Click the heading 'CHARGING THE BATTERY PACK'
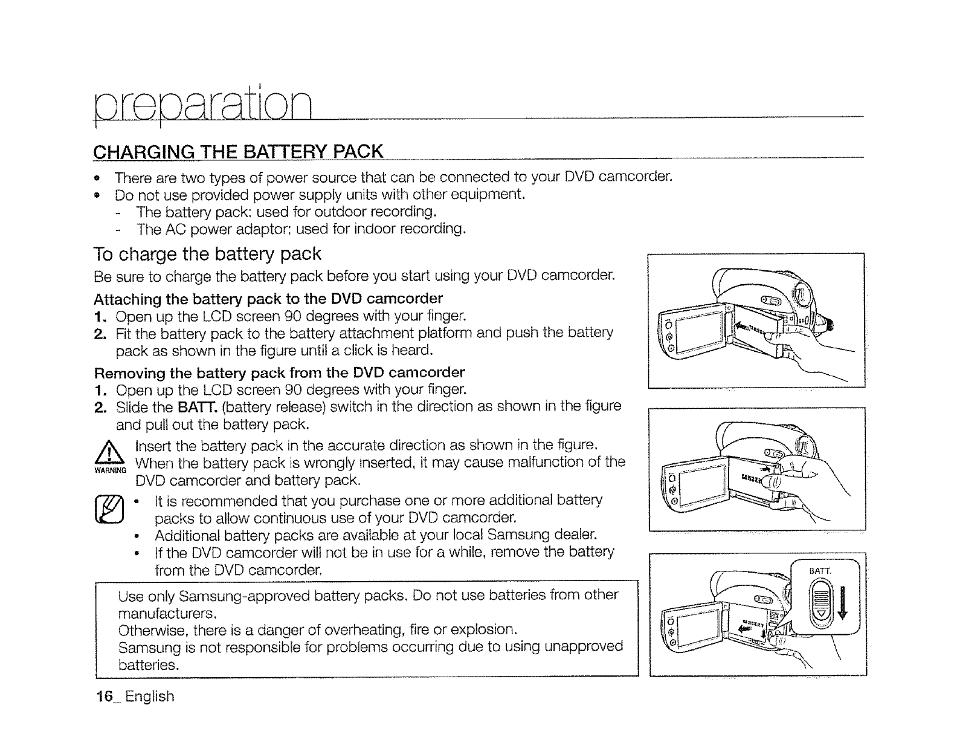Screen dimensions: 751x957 pyautogui.click(x=238, y=151)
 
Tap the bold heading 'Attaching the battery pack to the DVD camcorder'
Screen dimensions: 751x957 pyautogui.click(x=268, y=299)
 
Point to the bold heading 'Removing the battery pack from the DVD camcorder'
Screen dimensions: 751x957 pyautogui.click(x=280, y=372)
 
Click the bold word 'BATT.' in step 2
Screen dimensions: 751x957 pyautogui.click(x=190, y=406)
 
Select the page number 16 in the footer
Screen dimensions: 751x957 pyautogui.click(x=105, y=697)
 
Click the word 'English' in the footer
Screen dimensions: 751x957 pyautogui.click(x=150, y=697)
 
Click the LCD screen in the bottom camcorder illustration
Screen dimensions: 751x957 pyautogui.click(x=695, y=626)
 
